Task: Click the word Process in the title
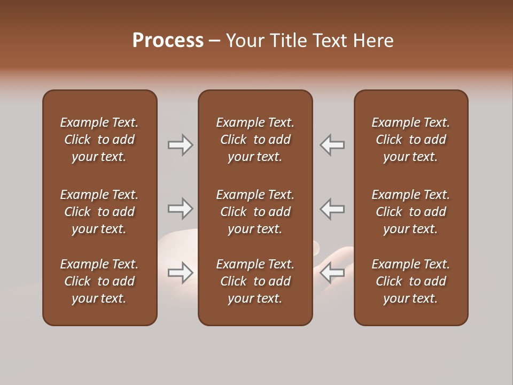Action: click(168, 41)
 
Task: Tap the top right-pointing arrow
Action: click(180, 145)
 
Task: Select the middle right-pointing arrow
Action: click(180, 209)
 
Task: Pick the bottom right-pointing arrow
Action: click(180, 273)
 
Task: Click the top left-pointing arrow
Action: click(332, 145)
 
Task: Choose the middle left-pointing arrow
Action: click(332, 209)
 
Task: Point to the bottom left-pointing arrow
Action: click(332, 273)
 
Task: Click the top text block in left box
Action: click(99, 140)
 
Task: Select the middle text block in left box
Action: click(99, 212)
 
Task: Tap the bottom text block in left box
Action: click(99, 281)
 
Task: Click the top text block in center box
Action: click(255, 140)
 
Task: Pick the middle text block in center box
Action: click(255, 212)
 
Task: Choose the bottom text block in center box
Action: click(255, 281)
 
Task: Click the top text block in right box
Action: click(410, 140)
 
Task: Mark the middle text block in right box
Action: click(410, 212)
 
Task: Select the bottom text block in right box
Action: click(410, 281)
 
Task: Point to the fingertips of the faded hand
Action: click(316, 247)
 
